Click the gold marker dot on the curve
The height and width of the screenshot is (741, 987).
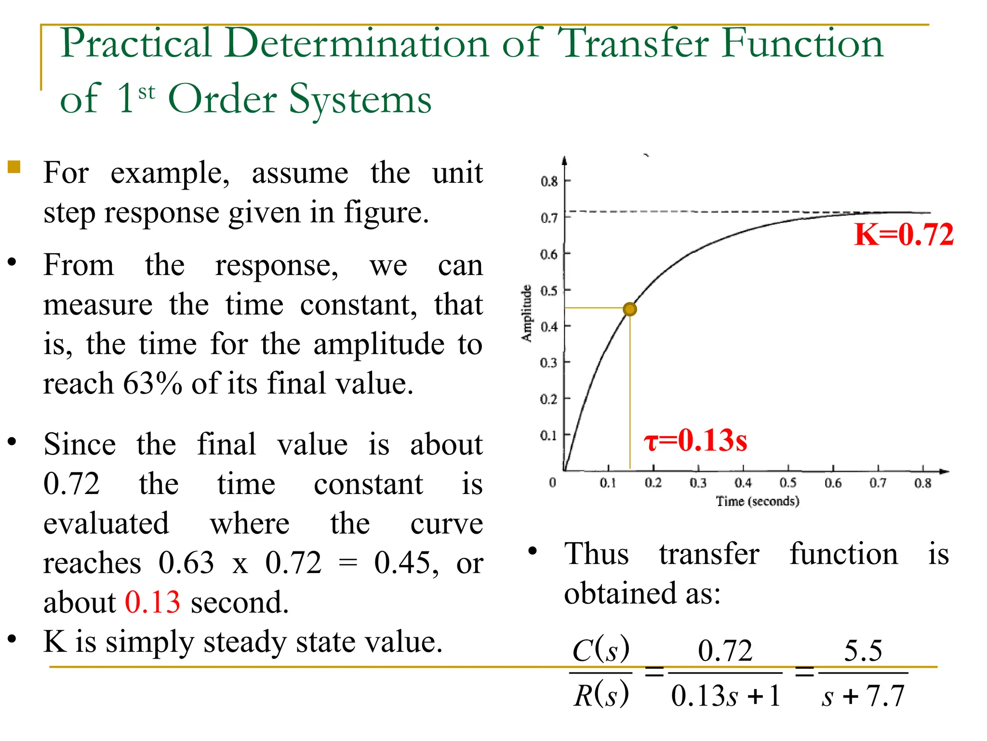(629, 309)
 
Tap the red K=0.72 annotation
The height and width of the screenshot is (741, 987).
(903, 235)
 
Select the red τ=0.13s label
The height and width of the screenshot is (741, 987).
(695, 440)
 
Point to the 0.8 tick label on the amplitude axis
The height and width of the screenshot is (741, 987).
(549, 181)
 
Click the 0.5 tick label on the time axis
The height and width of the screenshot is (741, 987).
(788, 483)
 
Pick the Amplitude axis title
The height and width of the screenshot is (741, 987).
(527, 313)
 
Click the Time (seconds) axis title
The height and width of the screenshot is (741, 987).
(758, 501)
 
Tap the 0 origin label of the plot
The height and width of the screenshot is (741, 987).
(552, 482)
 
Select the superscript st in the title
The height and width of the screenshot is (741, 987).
(147, 92)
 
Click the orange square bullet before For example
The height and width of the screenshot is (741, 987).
(14, 167)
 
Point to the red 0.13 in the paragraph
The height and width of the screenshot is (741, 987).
(152, 602)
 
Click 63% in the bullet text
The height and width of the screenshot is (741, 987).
(152, 384)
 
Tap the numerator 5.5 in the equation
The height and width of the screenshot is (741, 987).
(863, 650)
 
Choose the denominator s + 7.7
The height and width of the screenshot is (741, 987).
(863, 696)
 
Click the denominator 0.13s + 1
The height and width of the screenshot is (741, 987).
(725, 696)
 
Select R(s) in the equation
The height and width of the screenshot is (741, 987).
(601, 695)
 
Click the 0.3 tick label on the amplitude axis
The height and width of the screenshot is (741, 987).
(548, 362)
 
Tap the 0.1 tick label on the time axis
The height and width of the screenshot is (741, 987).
(608, 483)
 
